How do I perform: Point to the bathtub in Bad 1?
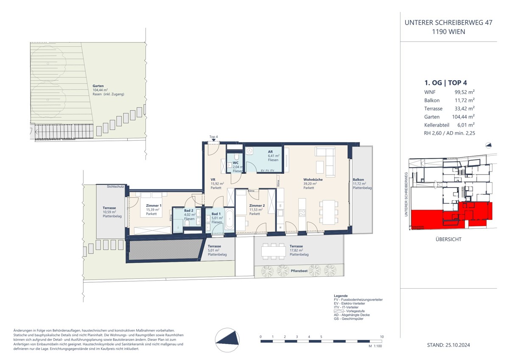tap(229, 219)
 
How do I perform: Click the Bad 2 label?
tap(189, 211)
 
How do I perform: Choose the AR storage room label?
tap(270, 152)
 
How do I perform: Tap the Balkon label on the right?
tap(358, 180)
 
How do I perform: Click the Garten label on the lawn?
tap(98, 86)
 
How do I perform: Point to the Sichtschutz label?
tap(116, 186)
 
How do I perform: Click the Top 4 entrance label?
tap(213, 137)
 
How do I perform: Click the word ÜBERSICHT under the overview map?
tap(448, 239)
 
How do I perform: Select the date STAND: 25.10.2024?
tap(448, 345)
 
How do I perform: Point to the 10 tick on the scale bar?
tap(382, 337)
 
